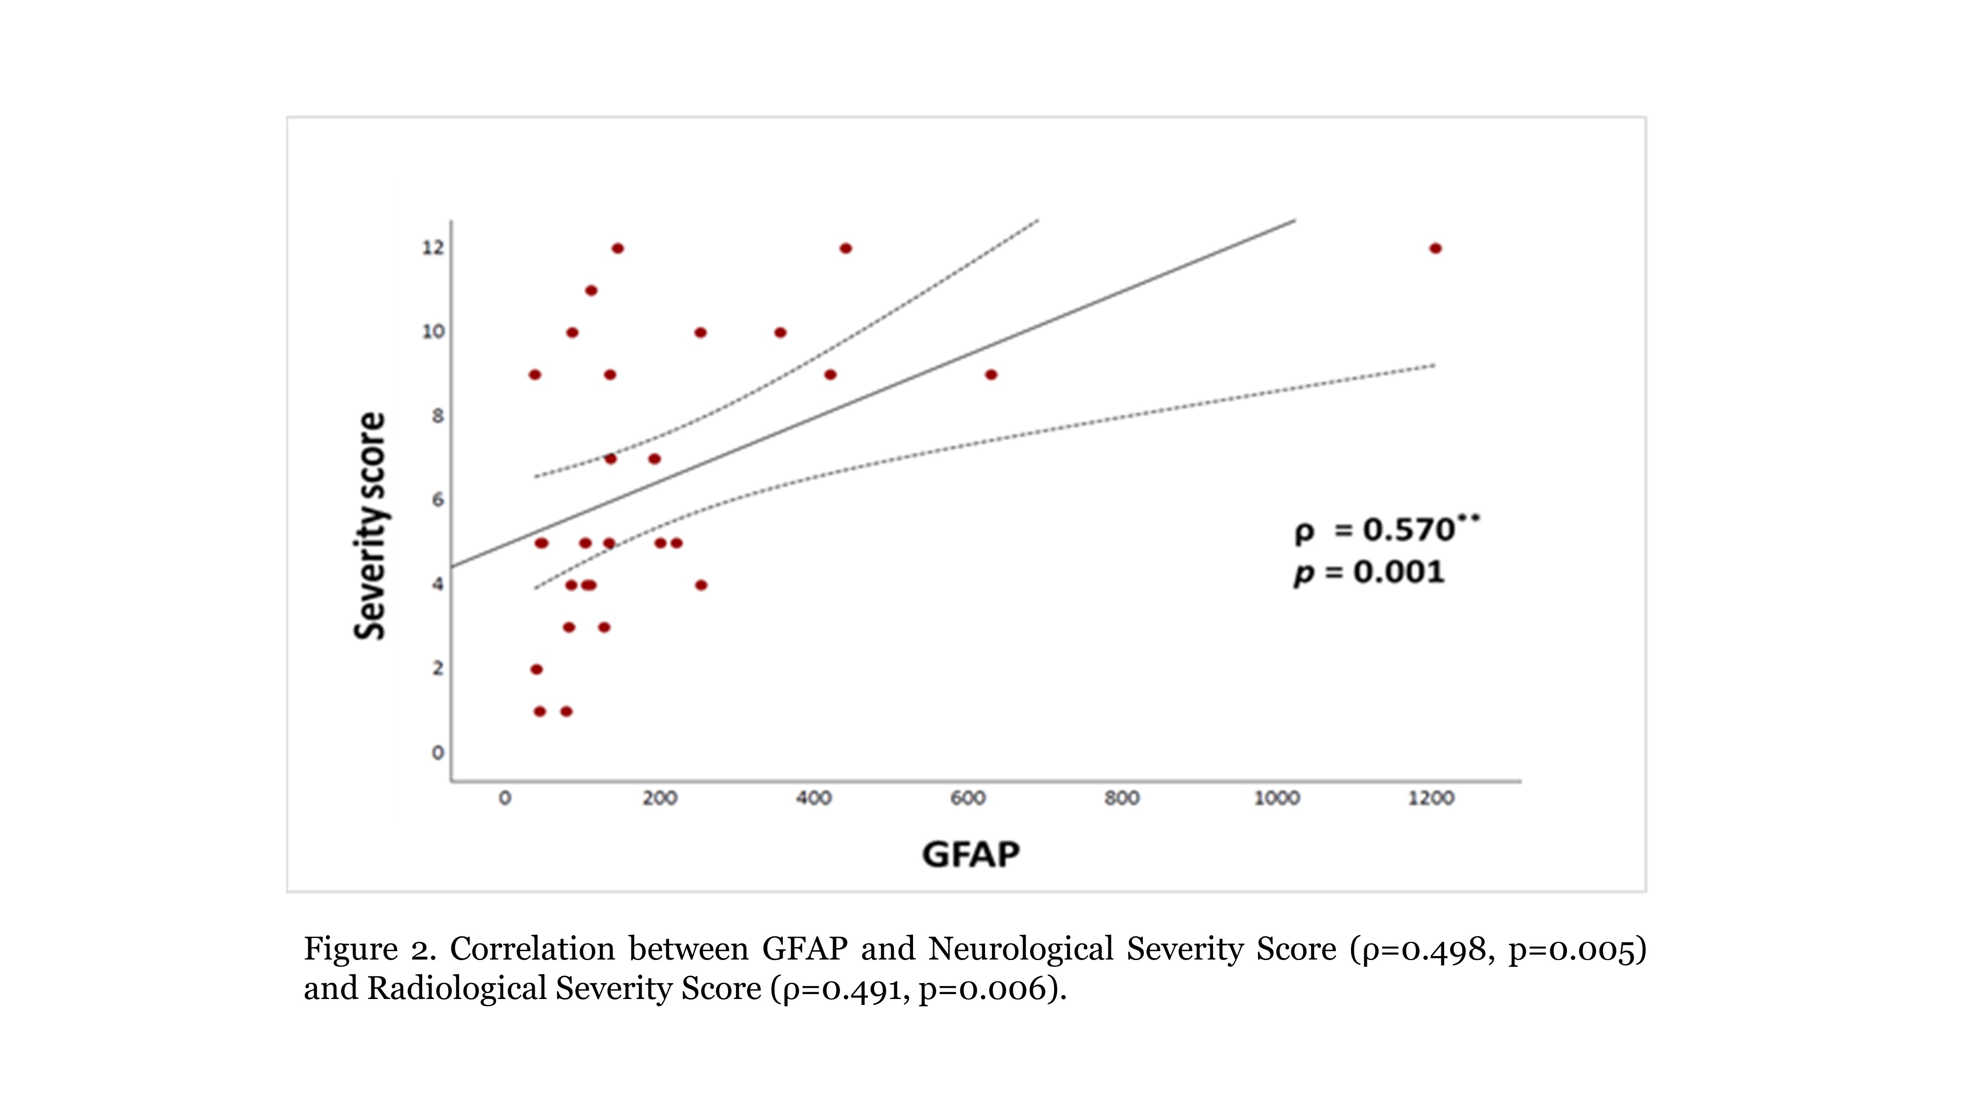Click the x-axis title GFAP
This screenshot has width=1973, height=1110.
970,854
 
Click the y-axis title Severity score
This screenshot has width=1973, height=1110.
370,526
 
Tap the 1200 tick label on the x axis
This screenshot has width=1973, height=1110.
1431,798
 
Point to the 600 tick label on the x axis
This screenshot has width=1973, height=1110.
968,798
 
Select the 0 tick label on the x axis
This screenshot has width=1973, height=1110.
505,798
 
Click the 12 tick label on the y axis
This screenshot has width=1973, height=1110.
433,248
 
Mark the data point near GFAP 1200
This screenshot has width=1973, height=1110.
1435,248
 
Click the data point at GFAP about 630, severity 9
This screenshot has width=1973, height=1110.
991,374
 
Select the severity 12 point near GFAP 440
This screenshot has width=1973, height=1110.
845,248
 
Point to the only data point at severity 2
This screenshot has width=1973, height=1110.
536,669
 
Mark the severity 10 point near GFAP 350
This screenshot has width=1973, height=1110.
780,333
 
